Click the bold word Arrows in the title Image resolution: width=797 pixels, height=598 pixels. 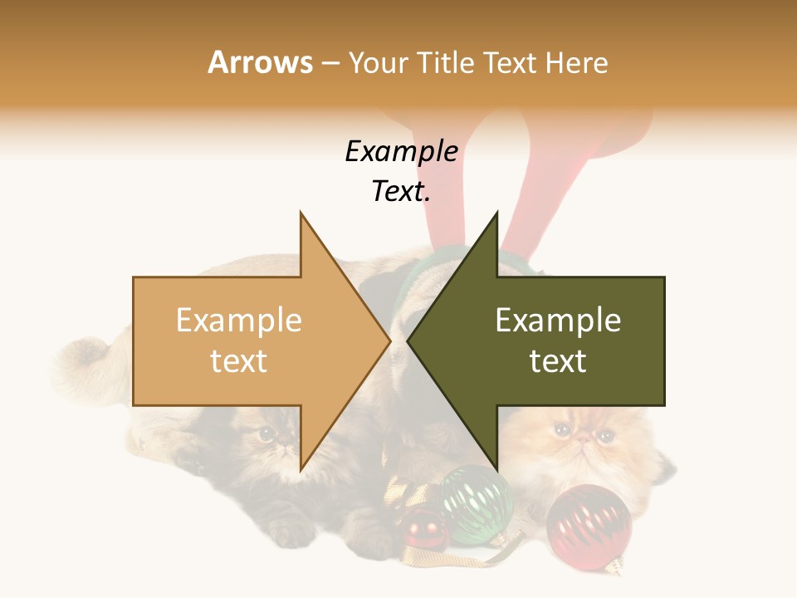260,62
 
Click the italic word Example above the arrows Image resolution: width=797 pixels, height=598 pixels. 401,152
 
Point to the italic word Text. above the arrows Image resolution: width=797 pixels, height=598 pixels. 401,191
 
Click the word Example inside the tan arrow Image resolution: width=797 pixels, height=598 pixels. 239,321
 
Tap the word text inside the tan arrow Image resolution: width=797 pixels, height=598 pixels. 239,361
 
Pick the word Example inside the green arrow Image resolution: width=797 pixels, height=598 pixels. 558,321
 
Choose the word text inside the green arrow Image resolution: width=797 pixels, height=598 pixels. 558,361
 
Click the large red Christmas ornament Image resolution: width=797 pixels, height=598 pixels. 589,527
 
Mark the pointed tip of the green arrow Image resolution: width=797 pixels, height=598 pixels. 409,341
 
